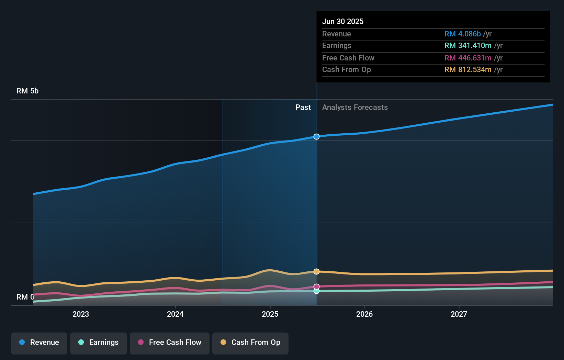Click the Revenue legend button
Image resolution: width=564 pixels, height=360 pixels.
(39, 343)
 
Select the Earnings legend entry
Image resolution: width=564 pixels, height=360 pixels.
(98, 343)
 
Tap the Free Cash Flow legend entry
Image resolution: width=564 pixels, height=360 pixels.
(169, 343)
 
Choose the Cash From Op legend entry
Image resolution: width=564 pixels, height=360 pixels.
(250, 343)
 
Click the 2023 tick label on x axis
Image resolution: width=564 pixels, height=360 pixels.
(81, 314)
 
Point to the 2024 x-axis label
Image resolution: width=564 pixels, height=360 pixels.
(175, 314)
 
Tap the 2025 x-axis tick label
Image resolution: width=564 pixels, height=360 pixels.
(270, 314)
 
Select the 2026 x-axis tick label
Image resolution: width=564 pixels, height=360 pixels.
(364, 314)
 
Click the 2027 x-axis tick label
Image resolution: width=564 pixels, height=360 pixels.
(459, 314)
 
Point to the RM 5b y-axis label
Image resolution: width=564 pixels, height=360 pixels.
(27, 91)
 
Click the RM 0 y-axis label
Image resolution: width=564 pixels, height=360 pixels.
(25, 297)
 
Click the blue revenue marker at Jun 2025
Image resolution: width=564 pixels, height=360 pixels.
(316, 137)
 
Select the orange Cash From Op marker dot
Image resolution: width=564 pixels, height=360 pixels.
(316, 271)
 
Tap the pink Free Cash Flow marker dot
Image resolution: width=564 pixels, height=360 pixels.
(316, 286)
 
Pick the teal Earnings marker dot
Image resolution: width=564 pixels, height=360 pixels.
(316, 291)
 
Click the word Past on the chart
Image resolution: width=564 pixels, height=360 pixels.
(303, 108)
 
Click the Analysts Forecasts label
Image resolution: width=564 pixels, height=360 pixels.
(355, 108)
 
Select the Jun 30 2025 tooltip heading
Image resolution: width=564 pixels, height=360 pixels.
(343, 21)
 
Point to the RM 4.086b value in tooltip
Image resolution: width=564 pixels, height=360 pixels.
(462, 34)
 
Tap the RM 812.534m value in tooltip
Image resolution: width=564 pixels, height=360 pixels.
(467, 70)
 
